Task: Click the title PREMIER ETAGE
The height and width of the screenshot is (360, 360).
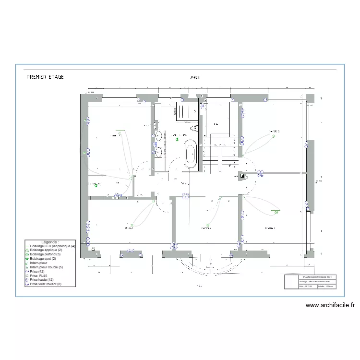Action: (45, 76)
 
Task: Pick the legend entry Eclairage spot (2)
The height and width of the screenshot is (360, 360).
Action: (43, 259)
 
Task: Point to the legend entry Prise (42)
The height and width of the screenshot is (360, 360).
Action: (36, 272)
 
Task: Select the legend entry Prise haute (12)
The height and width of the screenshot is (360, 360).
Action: (41, 280)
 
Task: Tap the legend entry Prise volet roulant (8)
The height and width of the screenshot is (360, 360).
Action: (46, 284)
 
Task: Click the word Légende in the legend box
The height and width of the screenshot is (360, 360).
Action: (50, 242)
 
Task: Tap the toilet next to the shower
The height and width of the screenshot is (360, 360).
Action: (194, 129)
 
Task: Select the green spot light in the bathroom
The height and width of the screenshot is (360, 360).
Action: (177, 139)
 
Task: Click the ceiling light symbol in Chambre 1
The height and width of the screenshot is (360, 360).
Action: (276, 211)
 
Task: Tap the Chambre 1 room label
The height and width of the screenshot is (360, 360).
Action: (270, 228)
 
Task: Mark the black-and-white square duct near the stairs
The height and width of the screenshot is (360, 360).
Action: (242, 176)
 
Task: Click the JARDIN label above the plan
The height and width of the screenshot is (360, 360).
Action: (195, 77)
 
